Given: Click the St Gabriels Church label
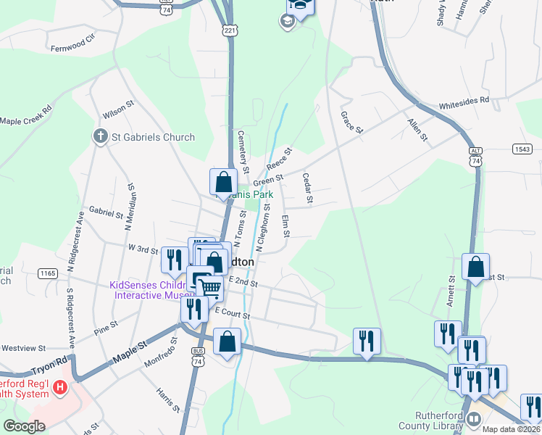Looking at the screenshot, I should (x=153, y=137).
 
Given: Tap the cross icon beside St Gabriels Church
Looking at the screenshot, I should (x=101, y=136).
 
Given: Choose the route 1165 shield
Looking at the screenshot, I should (x=48, y=273).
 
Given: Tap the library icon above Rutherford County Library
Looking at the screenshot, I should (x=474, y=419).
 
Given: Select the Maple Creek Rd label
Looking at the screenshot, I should (x=27, y=115).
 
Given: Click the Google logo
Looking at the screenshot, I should (x=24, y=426).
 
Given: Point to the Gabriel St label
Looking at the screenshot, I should (x=106, y=212).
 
